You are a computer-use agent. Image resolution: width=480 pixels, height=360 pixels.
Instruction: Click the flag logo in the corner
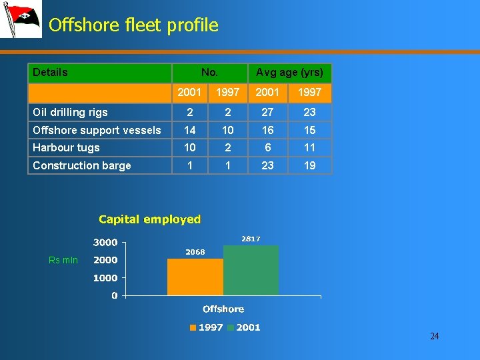pos(20,19)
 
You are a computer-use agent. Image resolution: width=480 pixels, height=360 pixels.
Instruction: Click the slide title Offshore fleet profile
pos(133,25)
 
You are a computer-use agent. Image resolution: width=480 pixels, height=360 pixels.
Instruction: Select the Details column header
pos(51,72)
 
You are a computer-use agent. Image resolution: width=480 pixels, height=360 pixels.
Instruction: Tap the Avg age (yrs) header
pos(289,72)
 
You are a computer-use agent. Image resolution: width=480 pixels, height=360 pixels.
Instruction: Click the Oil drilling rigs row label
pos(70,112)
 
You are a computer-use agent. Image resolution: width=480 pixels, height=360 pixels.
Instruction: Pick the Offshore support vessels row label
pos(97,130)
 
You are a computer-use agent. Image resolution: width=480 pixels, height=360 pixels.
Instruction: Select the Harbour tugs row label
pos(66,147)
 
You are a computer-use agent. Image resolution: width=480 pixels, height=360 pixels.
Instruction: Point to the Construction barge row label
pos(81,165)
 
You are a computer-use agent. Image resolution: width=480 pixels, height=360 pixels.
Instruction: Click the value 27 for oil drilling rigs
pos(267,112)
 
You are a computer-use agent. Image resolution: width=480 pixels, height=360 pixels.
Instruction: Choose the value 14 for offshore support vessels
pos(190,130)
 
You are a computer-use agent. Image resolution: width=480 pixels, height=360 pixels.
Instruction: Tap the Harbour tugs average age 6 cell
pos(267,147)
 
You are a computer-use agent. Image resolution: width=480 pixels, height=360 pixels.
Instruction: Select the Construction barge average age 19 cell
pos(309,165)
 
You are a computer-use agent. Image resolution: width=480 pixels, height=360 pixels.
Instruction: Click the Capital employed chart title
pos(149,219)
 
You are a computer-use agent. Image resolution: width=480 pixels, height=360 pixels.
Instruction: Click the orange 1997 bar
pos(195,277)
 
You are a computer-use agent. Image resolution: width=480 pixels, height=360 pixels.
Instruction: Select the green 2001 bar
pos(251,270)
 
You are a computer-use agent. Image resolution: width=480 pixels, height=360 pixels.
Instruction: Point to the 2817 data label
pos(251,239)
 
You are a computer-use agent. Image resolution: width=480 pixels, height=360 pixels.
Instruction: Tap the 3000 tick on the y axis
pos(105,243)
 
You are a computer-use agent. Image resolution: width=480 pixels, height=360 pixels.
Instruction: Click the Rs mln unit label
pos(63,260)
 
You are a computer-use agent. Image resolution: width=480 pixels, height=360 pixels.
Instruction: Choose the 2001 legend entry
pos(244,327)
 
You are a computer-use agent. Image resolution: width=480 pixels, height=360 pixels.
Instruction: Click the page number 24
pos(434,336)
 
